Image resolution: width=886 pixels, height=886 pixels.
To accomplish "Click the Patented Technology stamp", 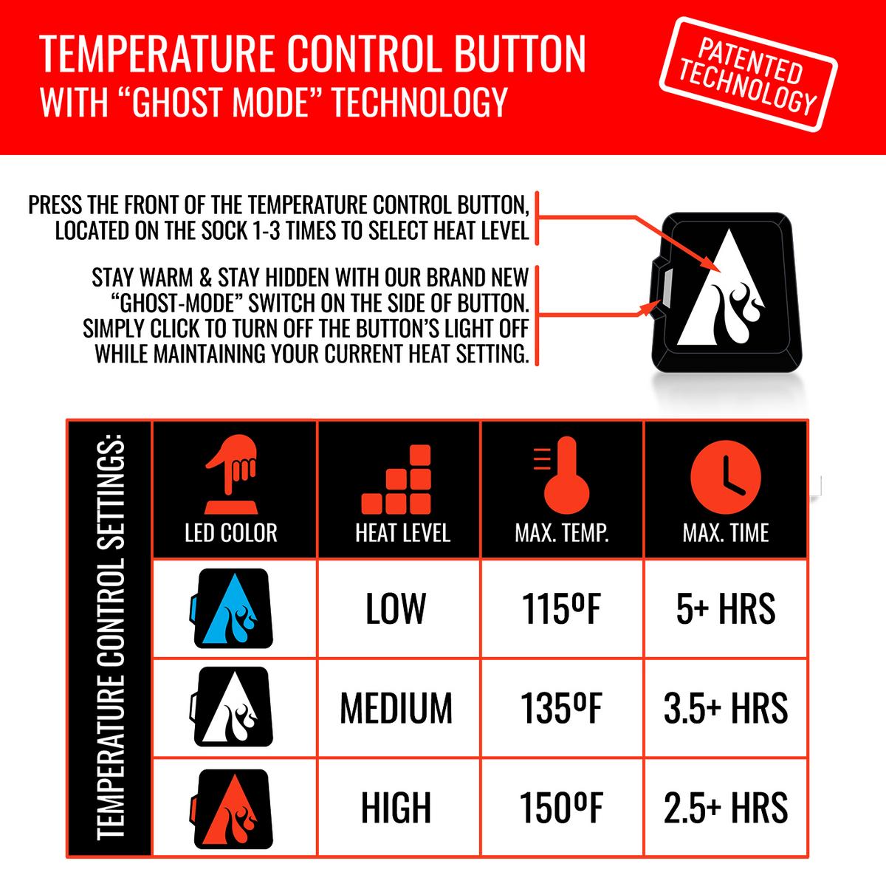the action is click(748, 75).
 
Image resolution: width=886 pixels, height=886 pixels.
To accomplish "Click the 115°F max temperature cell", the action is click(561, 608).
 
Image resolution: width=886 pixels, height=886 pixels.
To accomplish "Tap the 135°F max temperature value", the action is click(561, 709).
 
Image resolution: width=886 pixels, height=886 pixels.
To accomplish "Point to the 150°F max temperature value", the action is click(561, 808).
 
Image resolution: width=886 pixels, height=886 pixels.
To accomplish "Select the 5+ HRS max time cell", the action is click(726, 608).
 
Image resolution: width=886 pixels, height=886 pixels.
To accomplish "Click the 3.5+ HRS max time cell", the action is click(726, 709).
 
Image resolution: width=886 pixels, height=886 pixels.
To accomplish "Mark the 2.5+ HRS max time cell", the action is click(726, 808).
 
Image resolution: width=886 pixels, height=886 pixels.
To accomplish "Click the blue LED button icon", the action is click(232, 608).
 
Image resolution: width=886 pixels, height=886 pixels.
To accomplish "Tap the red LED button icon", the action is click(232, 809).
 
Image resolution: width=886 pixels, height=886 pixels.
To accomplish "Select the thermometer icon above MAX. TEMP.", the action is click(562, 475).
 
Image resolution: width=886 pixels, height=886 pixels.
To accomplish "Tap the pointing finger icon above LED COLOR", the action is click(231, 474).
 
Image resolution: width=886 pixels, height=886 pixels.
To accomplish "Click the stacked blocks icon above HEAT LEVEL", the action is click(396, 479).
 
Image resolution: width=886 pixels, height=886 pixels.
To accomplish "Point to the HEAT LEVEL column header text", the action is click(403, 533).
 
